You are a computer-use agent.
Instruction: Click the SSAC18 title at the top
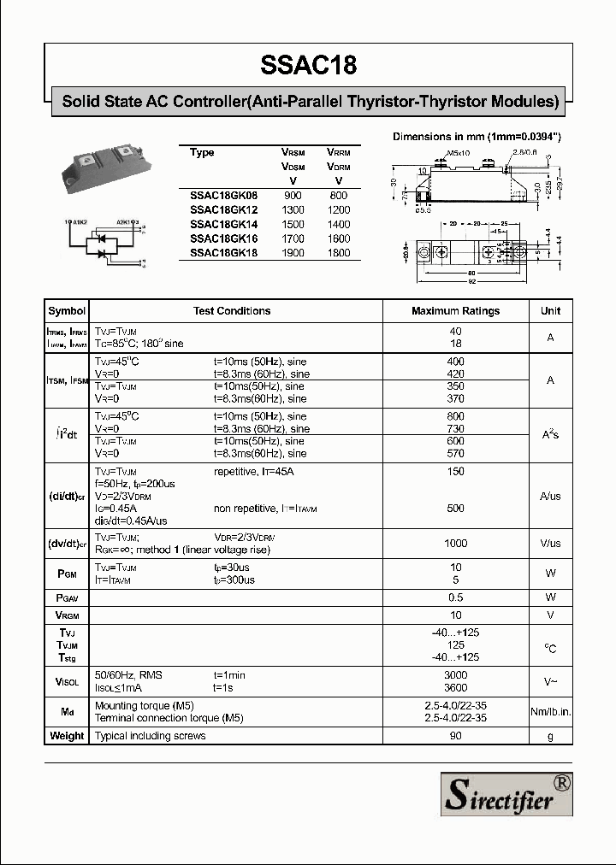[x=308, y=66]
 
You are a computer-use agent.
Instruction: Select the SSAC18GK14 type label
[x=223, y=224]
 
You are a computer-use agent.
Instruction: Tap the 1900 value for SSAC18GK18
[x=293, y=253]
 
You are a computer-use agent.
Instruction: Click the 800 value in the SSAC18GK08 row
[x=339, y=195]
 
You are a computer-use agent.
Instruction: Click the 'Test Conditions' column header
[x=232, y=311]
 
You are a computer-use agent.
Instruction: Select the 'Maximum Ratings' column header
[x=455, y=311]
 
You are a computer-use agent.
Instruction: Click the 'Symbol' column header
[x=67, y=311]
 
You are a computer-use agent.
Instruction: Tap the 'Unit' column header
[x=550, y=311]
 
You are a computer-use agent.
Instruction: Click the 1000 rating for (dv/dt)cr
[x=455, y=544]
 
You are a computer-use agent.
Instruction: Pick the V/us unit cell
[x=550, y=544]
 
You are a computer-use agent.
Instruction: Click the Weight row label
[x=67, y=736]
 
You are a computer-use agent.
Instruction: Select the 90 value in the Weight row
[x=455, y=736]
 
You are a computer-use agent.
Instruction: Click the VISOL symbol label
[x=67, y=681]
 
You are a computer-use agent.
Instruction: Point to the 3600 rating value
[x=455, y=687]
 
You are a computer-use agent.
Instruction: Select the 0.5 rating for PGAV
[x=455, y=597]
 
